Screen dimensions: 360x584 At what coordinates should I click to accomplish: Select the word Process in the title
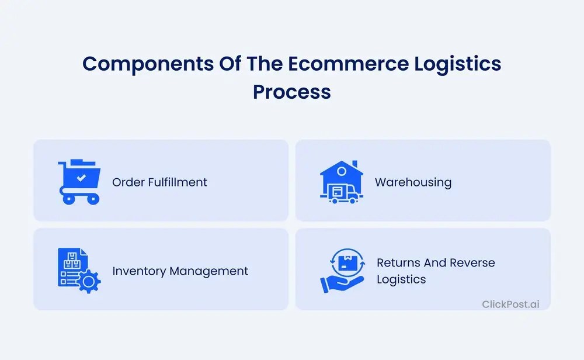click(292, 92)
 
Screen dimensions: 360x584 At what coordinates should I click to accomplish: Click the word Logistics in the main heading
click(455, 64)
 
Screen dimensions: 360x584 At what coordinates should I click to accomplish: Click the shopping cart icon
click(79, 181)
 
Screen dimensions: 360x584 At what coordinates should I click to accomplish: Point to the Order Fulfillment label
click(159, 182)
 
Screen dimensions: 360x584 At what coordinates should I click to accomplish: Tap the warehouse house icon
click(341, 181)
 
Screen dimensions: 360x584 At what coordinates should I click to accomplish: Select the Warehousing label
click(413, 182)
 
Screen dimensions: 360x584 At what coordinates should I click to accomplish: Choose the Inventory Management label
click(180, 271)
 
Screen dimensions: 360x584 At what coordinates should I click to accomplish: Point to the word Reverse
click(471, 263)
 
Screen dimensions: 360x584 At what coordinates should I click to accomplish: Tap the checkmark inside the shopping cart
click(82, 176)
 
